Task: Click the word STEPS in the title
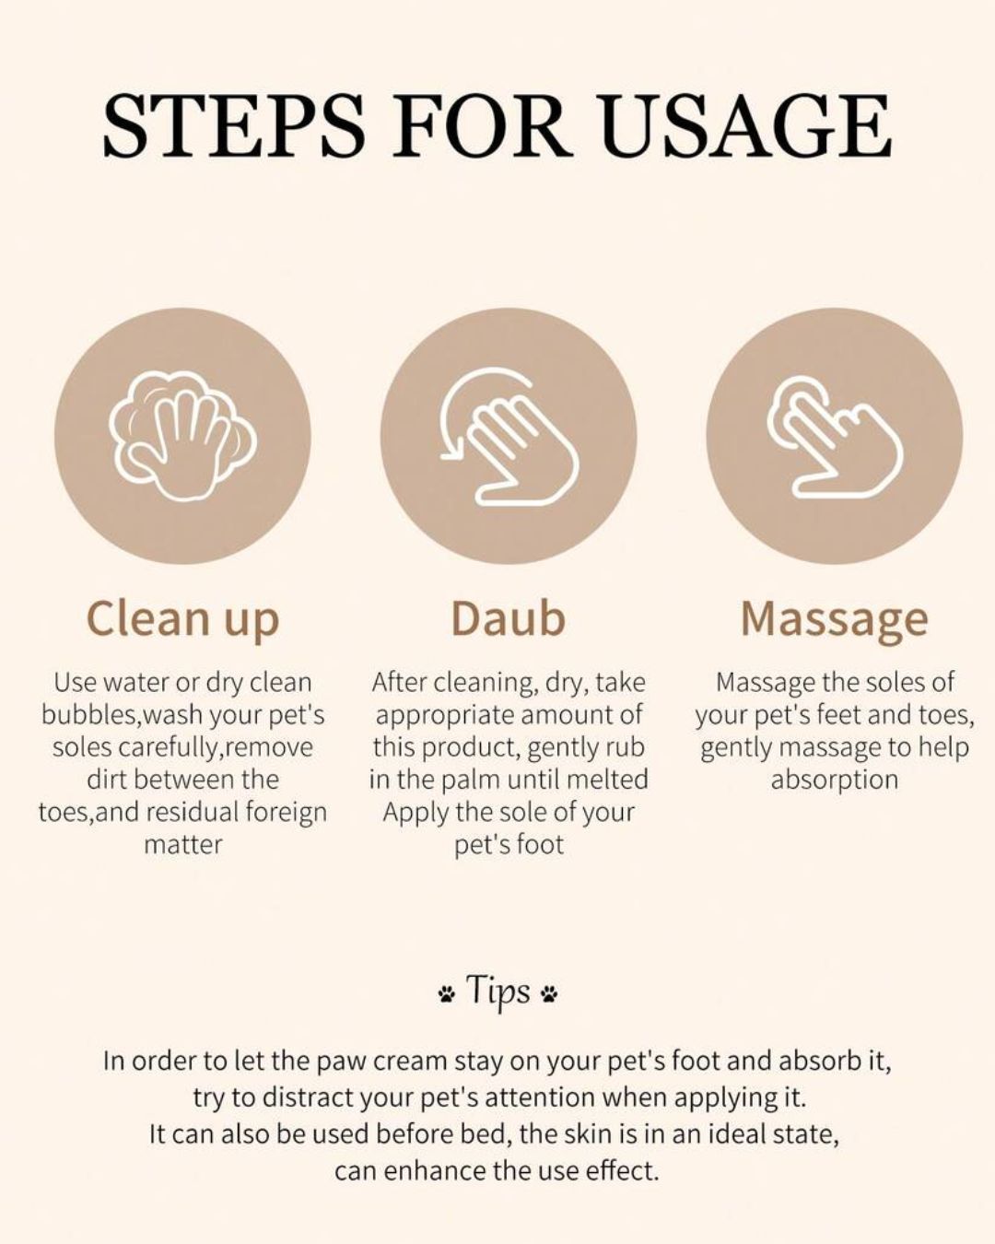[234, 127]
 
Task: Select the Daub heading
[509, 618]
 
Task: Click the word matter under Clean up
[182, 845]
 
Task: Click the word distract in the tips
[307, 1097]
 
